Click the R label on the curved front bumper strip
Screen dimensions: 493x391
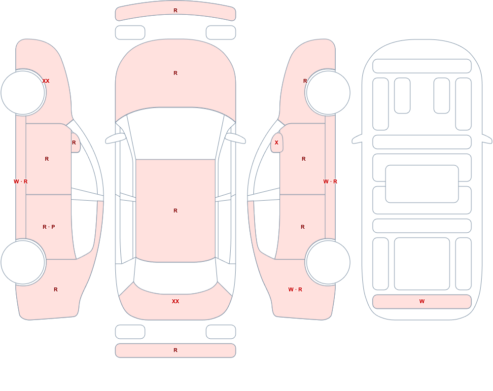[x=176, y=10]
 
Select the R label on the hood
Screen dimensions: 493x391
[x=176, y=73]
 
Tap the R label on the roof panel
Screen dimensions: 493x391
[x=176, y=211]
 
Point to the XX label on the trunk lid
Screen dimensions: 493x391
[x=176, y=301]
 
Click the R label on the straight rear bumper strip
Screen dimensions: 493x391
[x=176, y=350]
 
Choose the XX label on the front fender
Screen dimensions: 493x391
[x=46, y=81]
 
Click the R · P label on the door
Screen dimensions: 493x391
[x=49, y=227]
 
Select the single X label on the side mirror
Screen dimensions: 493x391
[x=277, y=142]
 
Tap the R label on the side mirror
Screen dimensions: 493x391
[x=74, y=142]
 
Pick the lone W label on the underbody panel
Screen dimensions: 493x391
[x=422, y=301]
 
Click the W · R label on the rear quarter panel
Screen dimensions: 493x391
[x=295, y=289]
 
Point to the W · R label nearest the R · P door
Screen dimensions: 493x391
[x=21, y=181]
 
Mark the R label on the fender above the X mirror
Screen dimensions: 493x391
[x=305, y=81]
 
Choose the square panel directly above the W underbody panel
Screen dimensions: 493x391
[x=422, y=264]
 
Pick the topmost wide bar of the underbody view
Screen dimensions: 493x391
[x=422, y=66]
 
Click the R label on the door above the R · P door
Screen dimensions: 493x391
[x=47, y=159]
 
